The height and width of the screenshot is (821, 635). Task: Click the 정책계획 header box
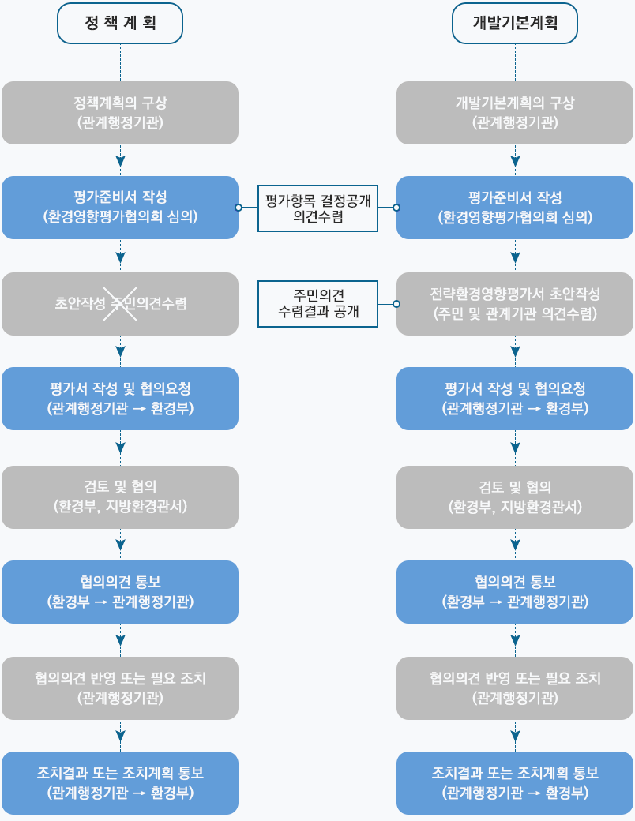(120, 23)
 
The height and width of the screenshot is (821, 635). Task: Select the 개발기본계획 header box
(515, 23)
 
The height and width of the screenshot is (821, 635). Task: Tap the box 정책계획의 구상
(120, 113)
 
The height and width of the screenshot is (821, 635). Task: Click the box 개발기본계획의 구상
(515, 113)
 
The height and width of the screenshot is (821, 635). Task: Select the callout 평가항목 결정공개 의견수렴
(317, 208)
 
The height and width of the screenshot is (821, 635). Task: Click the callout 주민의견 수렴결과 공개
(317, 303)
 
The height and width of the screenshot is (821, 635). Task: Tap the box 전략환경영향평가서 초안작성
(515, 303)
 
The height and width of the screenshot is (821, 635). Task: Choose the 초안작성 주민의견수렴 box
(120, 304)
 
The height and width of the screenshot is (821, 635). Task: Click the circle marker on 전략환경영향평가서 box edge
(396, 303)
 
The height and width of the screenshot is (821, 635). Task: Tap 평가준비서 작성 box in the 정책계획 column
(120, 208)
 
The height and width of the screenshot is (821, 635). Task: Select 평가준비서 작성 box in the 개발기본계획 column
(515, 208)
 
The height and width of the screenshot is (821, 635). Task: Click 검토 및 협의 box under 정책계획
(120, 497)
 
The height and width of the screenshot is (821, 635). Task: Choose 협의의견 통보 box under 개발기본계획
(515, 592)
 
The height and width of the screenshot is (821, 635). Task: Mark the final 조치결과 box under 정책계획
(120, 783)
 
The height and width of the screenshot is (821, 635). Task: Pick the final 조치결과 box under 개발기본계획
(515, 783)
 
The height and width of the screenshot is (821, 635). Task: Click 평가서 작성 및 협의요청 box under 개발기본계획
(515, 399)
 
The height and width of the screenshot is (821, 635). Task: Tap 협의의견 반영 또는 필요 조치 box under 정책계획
(120, 688)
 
